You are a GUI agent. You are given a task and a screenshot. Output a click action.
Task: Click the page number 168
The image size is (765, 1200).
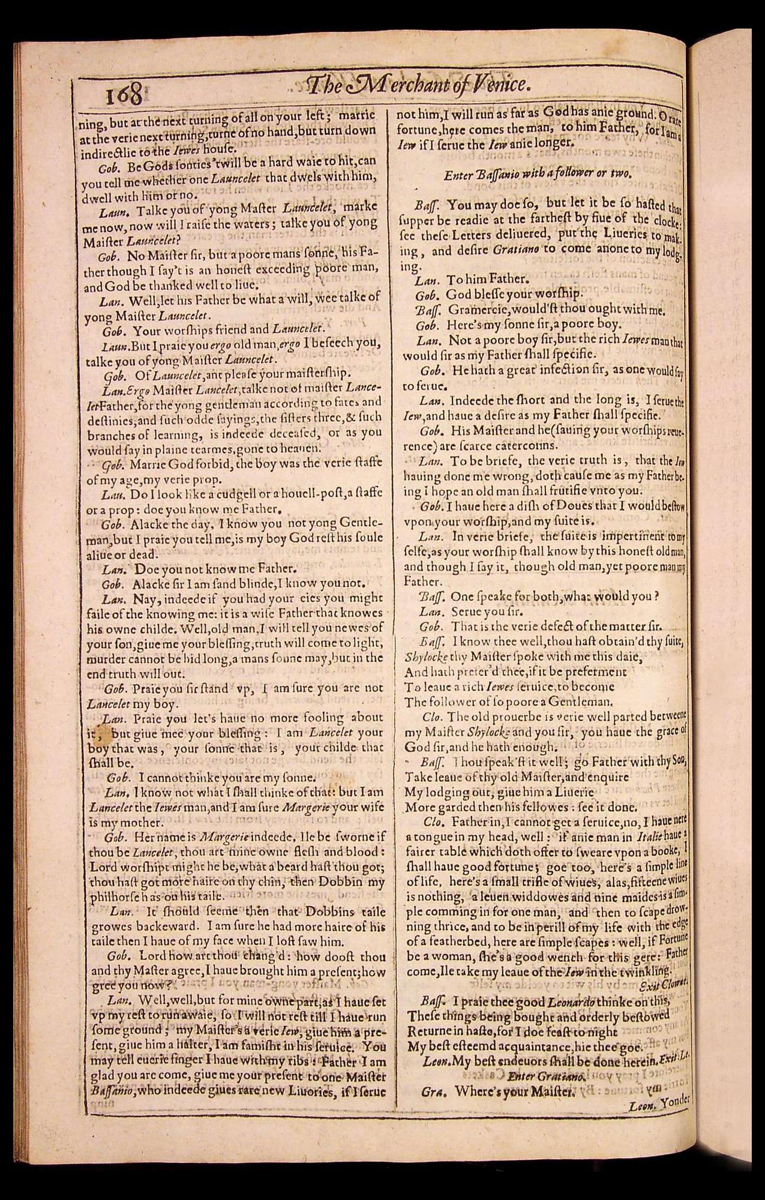(x=116, y=94)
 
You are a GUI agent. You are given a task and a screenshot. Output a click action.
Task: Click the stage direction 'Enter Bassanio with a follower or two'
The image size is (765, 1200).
(x=538, y=175)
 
